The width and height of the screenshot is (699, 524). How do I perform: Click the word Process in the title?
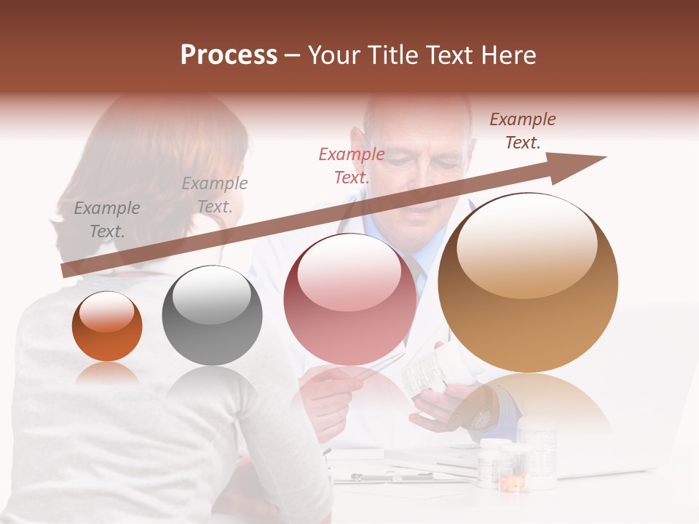coord(229,55)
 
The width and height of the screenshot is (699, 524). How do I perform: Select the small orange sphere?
coord(107,326)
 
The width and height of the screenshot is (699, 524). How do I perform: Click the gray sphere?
coord(212,315)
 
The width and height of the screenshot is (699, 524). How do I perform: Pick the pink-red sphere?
coord(349,298)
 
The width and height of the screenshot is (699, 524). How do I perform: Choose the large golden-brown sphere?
coord(527,282)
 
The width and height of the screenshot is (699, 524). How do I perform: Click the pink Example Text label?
coord(352,165)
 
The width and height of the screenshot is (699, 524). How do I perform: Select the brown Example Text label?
coord(522,131)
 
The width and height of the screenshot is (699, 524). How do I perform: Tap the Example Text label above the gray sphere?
coord(214,195)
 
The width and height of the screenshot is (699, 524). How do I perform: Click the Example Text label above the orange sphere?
coord(106,220)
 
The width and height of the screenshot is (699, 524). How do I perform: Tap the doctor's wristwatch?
coord(481,418)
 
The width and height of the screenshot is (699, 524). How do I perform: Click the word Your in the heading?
coord(336,55)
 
